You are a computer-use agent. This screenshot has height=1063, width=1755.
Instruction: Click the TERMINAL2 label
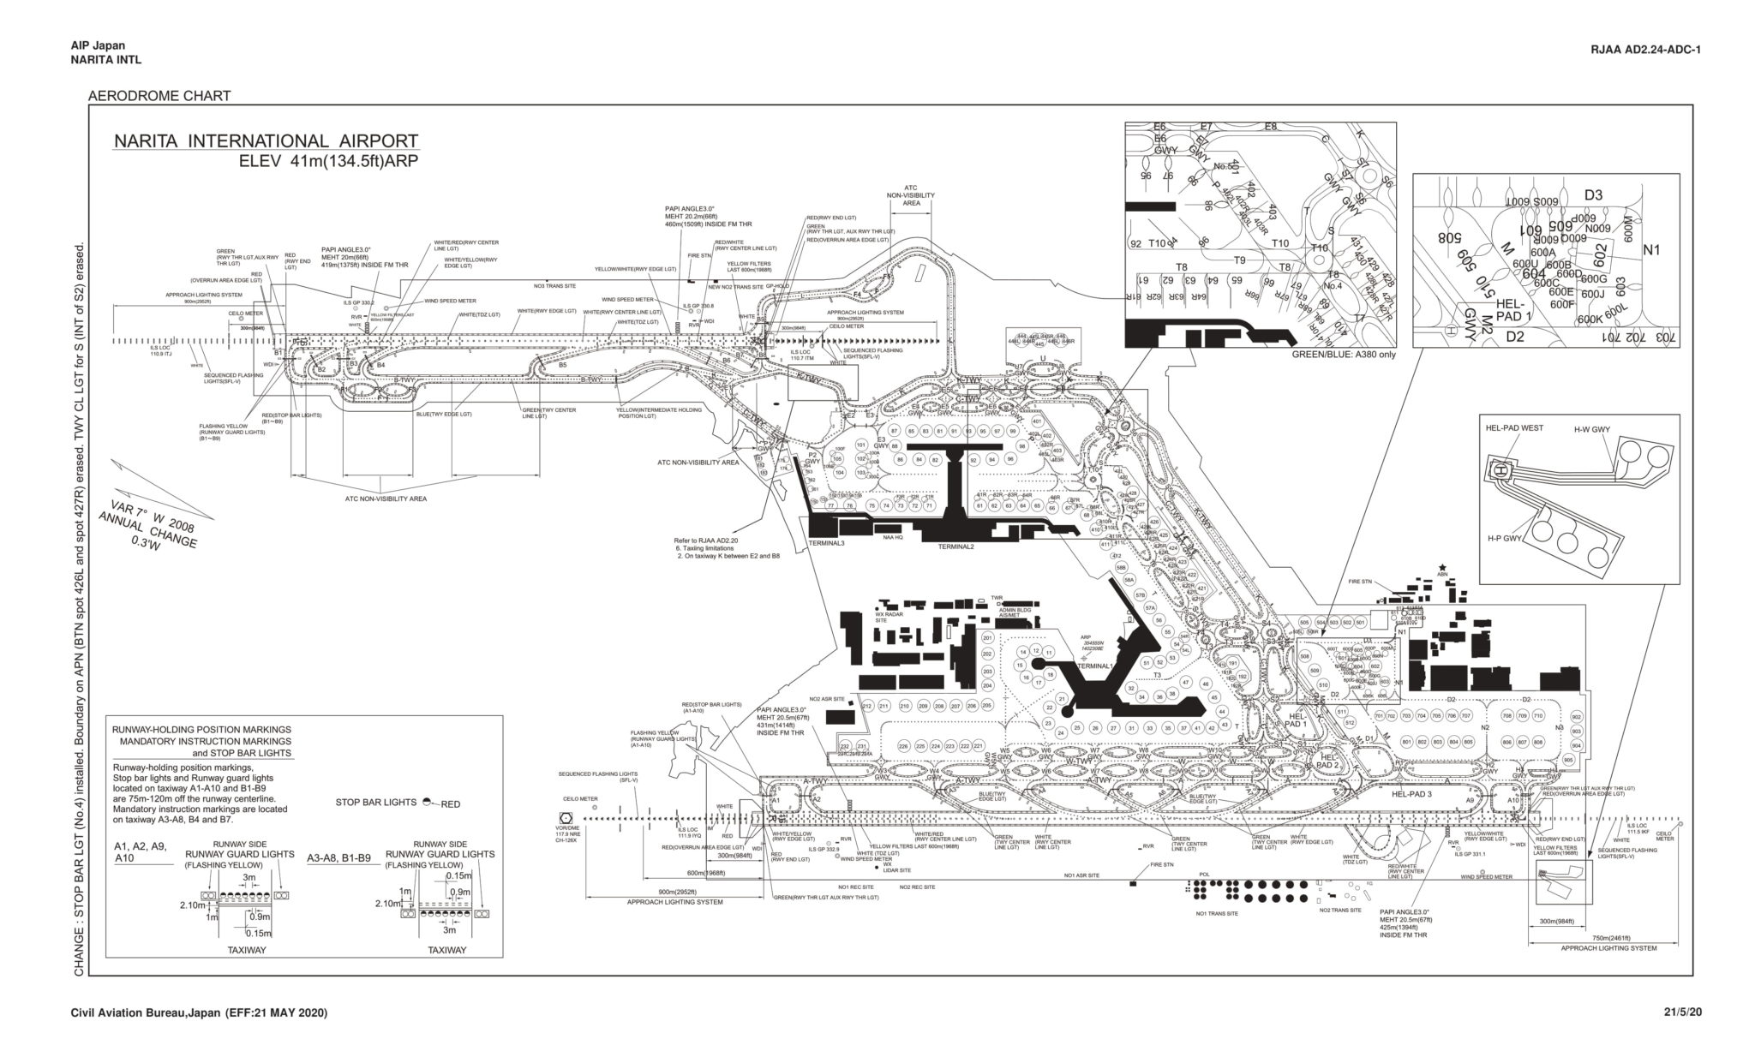(955, 546)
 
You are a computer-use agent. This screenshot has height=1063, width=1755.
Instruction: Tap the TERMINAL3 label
(826, 543)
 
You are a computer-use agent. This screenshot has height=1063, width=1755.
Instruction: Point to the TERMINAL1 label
(1093, 666)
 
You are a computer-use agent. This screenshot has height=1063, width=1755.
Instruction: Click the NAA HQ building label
(893, 537)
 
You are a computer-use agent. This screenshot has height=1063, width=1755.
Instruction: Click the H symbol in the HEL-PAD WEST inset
(1500, 470)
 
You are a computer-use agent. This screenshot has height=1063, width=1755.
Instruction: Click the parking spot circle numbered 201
(987, 638)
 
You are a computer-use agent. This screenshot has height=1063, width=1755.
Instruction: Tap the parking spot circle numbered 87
(894, 431)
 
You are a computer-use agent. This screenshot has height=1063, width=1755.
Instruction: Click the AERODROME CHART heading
(159, 96)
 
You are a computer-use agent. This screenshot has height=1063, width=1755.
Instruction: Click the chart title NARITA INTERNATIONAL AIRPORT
(267, 141)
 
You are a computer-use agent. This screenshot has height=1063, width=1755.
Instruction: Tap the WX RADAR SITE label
(887, 616)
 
